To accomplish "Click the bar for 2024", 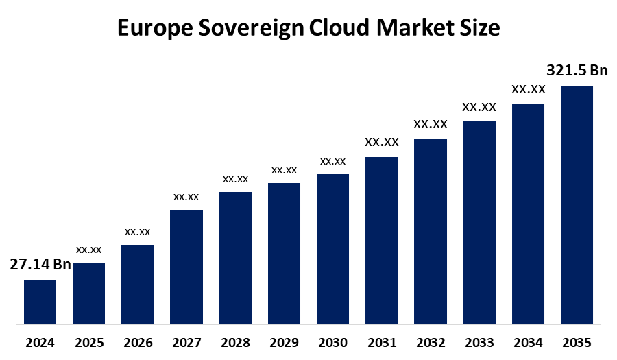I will pos(40,302).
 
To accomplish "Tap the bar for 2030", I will pos(332,248).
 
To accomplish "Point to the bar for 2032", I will pos(431,231).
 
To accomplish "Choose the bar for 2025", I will pos(89,293).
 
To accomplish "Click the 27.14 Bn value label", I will pos(40,265).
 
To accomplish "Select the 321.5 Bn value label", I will pos(577,70).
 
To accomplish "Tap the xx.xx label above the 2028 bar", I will pos(235,179).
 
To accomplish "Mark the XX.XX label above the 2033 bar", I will pos(479,107).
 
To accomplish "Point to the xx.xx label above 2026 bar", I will pos(138,232).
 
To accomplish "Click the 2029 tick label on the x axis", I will pos(284,342).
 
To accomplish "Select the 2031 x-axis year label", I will pos(381,342).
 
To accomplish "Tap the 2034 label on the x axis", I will pos(528,342).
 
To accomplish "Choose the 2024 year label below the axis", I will pos(40,342).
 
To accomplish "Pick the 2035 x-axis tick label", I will pos(577,342).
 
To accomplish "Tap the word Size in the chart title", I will pos(479,29).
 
